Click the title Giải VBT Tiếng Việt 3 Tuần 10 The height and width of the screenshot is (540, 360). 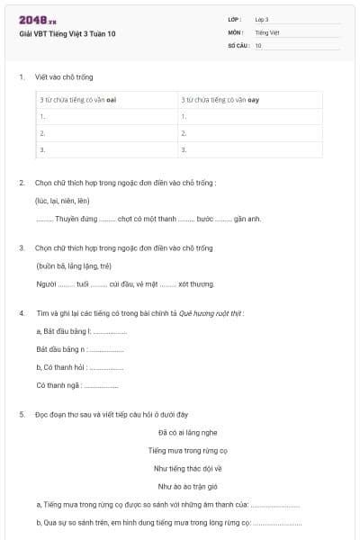pos(67,33)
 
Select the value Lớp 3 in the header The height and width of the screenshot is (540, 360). pos(262,19)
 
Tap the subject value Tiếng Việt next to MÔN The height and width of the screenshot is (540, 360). pos(267,31)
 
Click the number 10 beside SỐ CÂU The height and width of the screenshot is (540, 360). pos(258,45)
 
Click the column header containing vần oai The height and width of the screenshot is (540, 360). pos(79,101)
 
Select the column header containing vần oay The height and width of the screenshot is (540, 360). pos(220,101)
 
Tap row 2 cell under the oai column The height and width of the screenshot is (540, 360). pos(106,132)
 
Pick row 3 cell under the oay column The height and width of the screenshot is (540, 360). pos(247,148)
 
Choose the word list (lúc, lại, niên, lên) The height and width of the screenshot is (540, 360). pos(63,201)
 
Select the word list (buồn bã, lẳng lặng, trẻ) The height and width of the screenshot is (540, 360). pos(74,265)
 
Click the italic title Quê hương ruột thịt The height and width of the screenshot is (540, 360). pos(211,313)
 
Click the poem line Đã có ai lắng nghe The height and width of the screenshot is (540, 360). pos(188,432)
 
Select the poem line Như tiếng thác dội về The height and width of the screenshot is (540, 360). pos(188,468)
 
